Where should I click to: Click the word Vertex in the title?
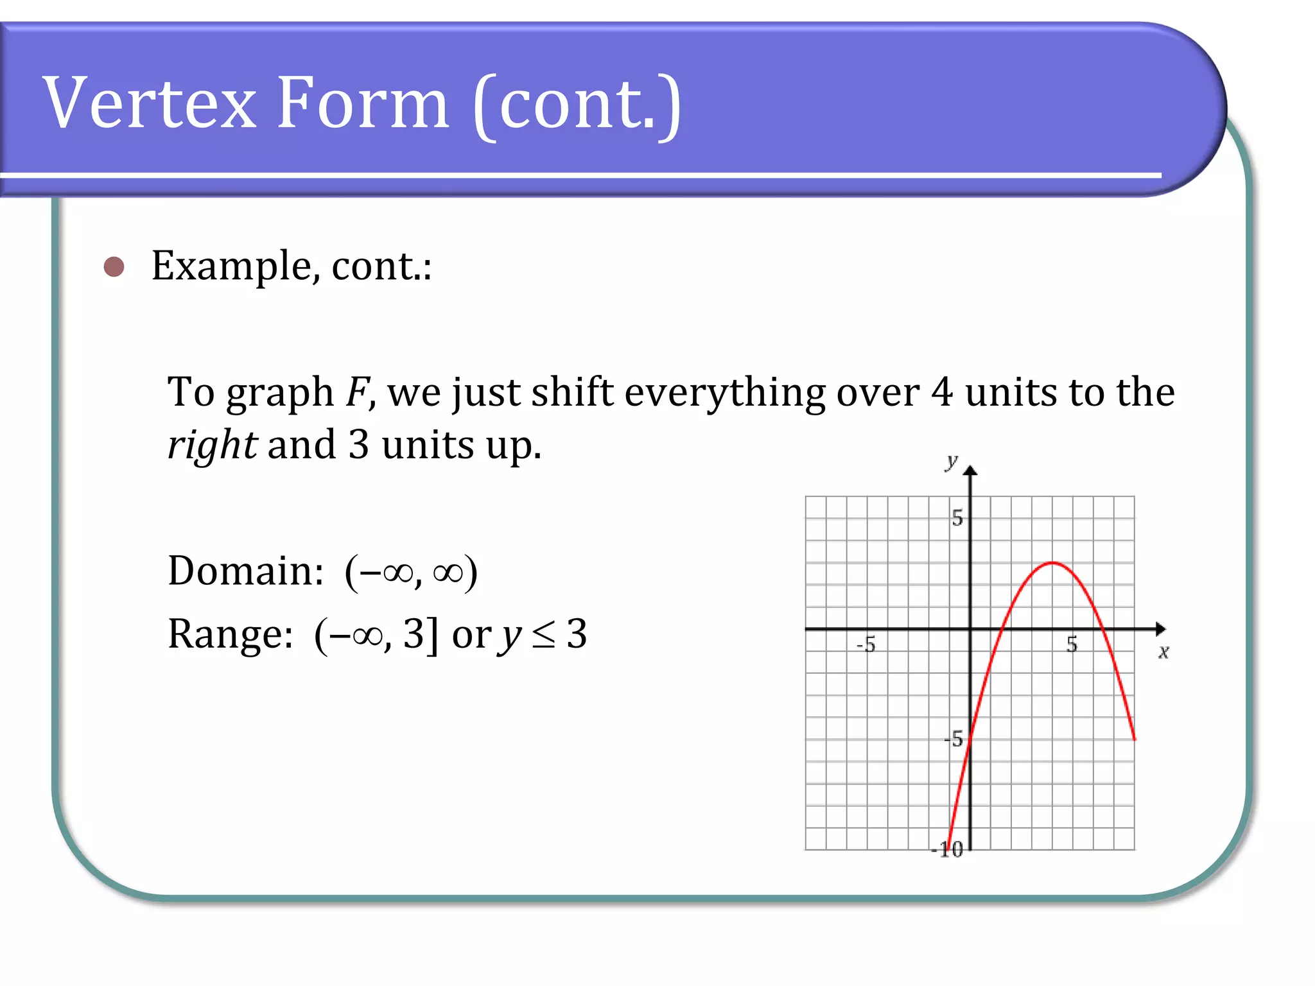point(149,103)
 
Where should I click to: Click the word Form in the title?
point(363,103)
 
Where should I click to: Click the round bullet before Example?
point(114,266)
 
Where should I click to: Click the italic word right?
point(213,445)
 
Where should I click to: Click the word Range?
point(230,634)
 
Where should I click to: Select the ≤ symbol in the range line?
point(543,635)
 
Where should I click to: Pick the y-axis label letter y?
point(951,461)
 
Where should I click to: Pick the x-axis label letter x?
point(1163,652)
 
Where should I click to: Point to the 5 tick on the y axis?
point(957,517)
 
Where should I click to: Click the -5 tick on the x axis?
point(866,644)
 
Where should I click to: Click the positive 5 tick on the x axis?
point(1072,644)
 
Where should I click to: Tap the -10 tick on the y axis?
point(948,850)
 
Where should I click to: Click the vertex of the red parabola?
point(1052,563)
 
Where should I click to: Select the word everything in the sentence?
point(724,393)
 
